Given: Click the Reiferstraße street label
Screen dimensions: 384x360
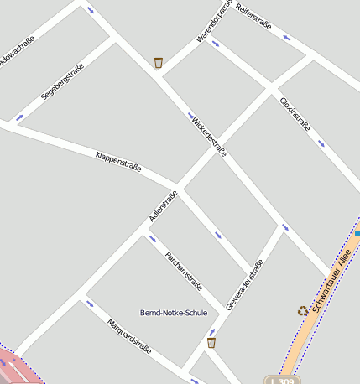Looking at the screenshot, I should tap(254, 18).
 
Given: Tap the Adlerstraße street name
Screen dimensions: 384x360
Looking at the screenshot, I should tap(164, 206).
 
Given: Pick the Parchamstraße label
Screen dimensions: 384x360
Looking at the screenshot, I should tap(185, 270).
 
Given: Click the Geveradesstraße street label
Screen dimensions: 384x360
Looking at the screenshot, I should tap(245, 284).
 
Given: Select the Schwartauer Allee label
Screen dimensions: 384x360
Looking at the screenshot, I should tap(328, 283).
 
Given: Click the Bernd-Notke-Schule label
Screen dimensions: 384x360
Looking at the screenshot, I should tap(174, 313).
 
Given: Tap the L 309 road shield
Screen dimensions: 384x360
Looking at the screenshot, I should tap(282, 380).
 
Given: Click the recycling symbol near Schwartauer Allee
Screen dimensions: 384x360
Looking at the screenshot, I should tap(303, 310).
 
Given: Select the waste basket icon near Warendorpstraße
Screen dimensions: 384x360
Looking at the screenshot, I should tap(159, 62).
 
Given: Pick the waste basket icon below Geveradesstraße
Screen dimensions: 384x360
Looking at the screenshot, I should tap(211, 342).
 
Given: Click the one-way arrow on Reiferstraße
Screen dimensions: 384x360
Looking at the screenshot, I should tap(288, 39).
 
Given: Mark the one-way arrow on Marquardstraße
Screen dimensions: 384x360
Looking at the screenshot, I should tap(90, 303).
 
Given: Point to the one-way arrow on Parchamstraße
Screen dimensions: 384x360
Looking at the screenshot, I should tap(153, 239).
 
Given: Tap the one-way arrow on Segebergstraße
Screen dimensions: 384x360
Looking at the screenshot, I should tap(19, 117).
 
